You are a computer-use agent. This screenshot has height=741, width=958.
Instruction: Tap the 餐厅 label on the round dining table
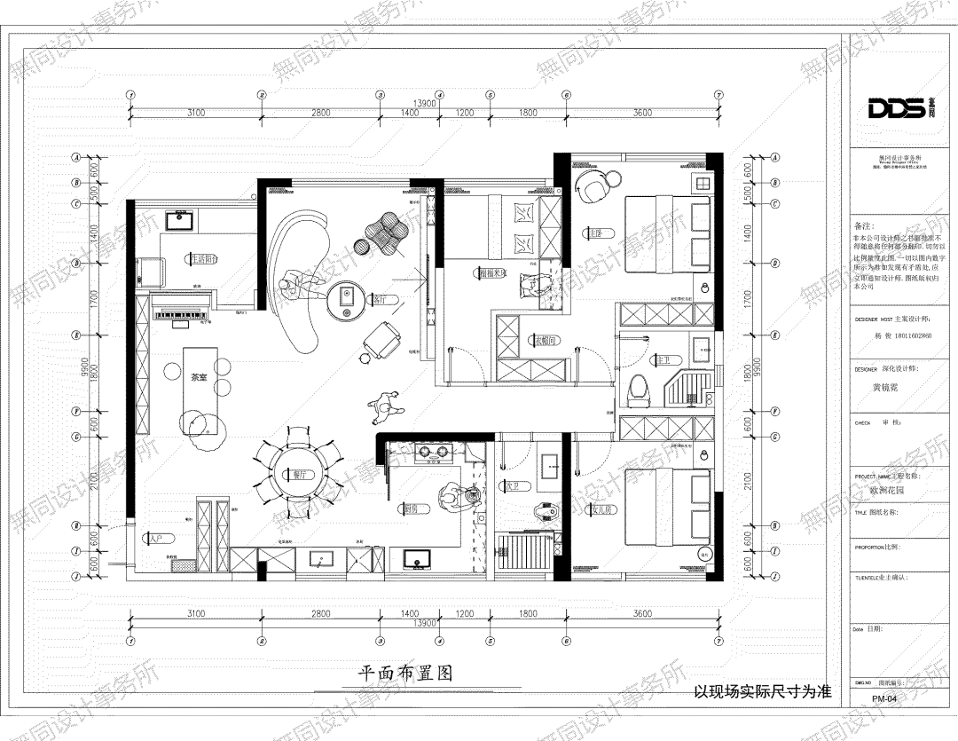click(x=299, y=475)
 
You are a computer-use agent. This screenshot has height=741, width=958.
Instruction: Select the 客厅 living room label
click(x=381, y=300)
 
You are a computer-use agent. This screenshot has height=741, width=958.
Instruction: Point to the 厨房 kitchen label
click(x=411, y=509)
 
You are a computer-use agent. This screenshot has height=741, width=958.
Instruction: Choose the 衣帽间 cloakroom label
click(x=544, y=339)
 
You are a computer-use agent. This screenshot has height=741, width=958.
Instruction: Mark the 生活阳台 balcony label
click(x=202, y=259)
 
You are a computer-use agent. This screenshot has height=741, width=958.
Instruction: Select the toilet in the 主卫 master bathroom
click(x=639, y=389)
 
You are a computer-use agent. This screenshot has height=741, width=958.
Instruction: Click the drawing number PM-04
click(x=883, y=699)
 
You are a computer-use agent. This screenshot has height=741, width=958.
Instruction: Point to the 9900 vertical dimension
click(x=80, y=367)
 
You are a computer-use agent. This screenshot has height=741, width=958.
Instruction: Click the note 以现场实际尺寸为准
click(x=762, y=691)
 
